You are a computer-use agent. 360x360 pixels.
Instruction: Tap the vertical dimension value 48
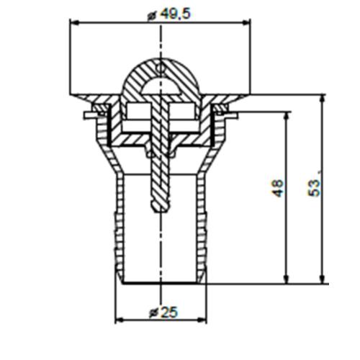tap(277, 189)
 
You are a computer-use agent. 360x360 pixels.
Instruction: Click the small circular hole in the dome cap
tap(162, 71)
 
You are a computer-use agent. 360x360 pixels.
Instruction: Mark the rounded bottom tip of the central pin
tap(160, 208)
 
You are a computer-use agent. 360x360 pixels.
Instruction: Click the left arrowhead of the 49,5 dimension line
tap(73, 22)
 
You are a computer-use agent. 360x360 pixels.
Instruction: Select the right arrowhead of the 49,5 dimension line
tap(250, 22)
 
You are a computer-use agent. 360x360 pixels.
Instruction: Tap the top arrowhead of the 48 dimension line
tap(287, 116)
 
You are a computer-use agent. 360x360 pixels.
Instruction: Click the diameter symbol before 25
tap(152, 312)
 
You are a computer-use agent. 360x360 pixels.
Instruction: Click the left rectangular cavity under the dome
tap(138, 112)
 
